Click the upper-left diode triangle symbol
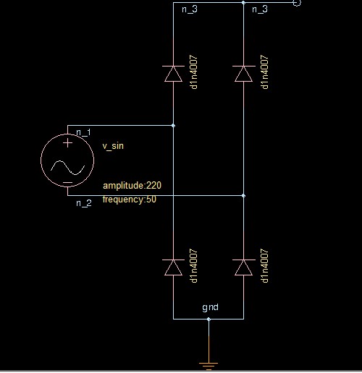coord(173,74)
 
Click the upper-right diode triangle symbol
coord(243,74)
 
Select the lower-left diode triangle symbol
coord(173,267)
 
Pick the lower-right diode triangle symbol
coord(243,267)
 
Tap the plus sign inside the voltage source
coord(67,143)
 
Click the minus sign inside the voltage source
coord(67,182)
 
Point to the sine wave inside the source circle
coord(67,167)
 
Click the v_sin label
coord(113,146)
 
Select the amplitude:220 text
coord(132,185)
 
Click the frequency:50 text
coord(130,200)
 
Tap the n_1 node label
coord(83,132)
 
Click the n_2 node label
coord(84,203)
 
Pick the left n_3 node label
coord(190,9)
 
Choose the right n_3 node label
coord(260,9)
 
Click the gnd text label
coord(210,307)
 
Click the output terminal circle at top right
coord(297,3)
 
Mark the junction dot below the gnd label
coord(209,320)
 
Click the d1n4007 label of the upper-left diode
coord(193,72)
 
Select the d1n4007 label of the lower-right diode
coord(264,266)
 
